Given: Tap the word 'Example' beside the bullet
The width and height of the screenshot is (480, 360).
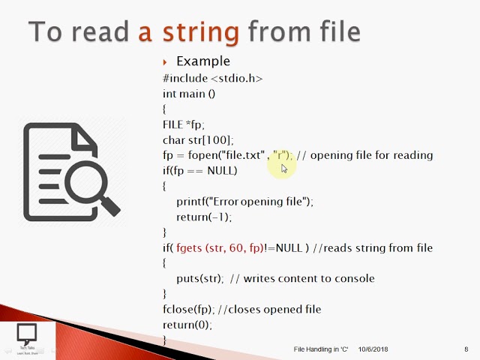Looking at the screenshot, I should pyautogui.click(x=202, y=61).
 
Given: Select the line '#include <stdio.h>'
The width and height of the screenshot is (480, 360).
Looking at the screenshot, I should pyautogui.click(x=212, y=78).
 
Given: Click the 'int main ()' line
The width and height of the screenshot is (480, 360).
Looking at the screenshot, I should pyautogui.click(x=189, y=94).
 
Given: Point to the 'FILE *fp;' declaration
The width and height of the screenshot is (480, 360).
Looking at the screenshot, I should pyautogui.click(x=183, y=124).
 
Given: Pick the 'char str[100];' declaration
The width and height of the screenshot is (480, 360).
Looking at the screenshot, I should pyautogui.click(x=198, y=139).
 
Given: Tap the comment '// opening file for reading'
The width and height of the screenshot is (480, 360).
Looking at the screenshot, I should pyautogui.click(x=364, y=155).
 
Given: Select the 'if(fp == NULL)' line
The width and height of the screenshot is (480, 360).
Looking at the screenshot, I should pyautogui.click(x=199, y=170).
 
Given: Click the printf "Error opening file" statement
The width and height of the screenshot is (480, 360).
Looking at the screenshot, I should pyautogui.click(x=244, y=202).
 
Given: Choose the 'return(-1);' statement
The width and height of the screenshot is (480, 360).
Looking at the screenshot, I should pyautogui.click(x=204, y=217).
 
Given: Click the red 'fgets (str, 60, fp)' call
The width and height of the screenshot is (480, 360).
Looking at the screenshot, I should pyautogui.click(x=220, y=247).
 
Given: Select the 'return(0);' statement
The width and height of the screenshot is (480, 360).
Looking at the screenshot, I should pyautogui.click(x=187, y=325).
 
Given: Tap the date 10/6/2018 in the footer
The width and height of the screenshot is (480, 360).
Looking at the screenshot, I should pyautogui.click(x=373, y=349).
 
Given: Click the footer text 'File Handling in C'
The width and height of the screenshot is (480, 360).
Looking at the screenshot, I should pyautogui.click(x=321, y=349).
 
